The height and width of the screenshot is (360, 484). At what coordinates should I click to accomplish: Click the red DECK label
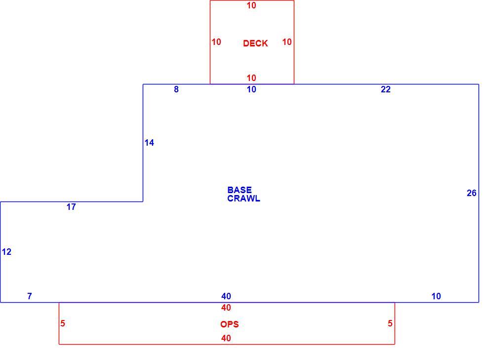coord(255,43)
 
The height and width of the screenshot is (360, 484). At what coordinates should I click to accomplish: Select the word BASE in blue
coord(240,190)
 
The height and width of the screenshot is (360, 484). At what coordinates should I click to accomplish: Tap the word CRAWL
coord(243,198)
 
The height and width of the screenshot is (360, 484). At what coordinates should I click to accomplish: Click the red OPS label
coord(229,324)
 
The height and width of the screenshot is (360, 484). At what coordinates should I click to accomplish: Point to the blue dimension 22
coord(386,89)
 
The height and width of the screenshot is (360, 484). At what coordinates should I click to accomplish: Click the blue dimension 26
coord(471,193)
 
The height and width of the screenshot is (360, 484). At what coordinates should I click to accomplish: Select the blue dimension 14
coord(149,142)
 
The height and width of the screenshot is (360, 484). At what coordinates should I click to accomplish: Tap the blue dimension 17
coord(71,207)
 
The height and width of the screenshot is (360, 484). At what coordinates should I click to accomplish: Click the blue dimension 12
coord(6,252)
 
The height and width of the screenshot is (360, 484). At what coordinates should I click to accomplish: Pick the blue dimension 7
coord(29,296)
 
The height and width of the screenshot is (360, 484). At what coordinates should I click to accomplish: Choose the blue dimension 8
coord(176,89)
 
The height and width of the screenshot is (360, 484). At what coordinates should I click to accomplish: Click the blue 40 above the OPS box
coord(226,296)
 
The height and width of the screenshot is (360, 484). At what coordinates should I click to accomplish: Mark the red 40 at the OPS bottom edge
coord(226,338)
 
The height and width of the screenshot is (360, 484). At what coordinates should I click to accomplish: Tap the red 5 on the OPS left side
coord(63,323)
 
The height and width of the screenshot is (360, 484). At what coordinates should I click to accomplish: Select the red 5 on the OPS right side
coord(390,323)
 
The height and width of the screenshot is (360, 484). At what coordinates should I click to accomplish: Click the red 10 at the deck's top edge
coord(251,5)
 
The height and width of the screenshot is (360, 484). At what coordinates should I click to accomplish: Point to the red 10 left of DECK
coord(216,41)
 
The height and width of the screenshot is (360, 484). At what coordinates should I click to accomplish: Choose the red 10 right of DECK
coord(287,41)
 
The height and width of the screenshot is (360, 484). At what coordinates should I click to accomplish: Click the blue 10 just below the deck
coord(251,89)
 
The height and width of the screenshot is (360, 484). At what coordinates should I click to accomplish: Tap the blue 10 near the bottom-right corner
coord(436,296)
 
